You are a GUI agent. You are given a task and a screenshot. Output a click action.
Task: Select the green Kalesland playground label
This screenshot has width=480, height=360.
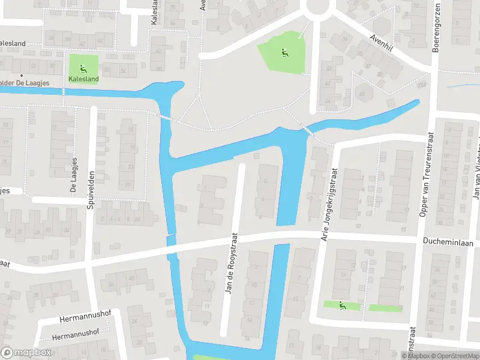[83, 78]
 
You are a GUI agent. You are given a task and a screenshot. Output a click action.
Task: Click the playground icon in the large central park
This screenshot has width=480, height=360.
[283, 52]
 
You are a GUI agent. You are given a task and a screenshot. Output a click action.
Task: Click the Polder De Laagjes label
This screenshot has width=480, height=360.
[23, 83]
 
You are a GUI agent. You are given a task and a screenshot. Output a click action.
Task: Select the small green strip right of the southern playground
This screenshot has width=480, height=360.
[385, 308]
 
